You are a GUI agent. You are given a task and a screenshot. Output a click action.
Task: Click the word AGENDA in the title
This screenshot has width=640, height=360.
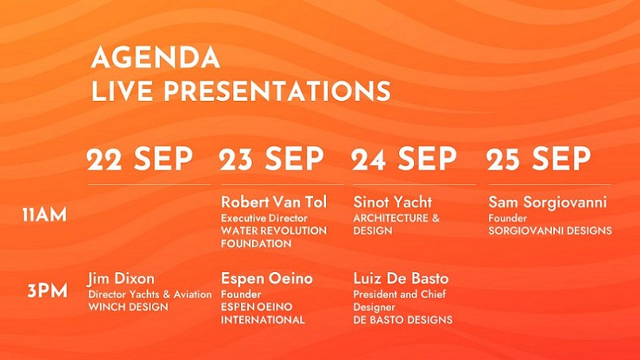pyautogui.click(x=156, y=57)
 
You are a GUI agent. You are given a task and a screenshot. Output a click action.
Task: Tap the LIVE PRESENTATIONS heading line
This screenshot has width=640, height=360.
pyautogui.click(x=241, y=91)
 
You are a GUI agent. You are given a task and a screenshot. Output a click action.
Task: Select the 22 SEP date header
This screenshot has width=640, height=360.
pyautogui.click(x=140, y=158)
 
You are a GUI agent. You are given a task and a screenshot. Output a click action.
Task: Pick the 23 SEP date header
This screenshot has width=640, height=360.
pyautogui.click(x=271, y=158)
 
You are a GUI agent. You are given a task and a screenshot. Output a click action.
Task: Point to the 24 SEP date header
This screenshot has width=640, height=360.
pyautogui.click(x=404, y=158)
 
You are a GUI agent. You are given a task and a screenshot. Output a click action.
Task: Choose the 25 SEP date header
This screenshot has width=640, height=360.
pyautogui.click(x=538, y=158)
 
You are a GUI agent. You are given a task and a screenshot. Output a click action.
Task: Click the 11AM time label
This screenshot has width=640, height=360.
pyautogui.click(x=45, y=215)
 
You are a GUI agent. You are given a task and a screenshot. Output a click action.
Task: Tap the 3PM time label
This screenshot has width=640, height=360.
pyautogui.click(x=48, y=291)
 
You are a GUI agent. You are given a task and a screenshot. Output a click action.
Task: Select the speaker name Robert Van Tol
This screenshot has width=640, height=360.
pyautogui.click(x=273, y=202)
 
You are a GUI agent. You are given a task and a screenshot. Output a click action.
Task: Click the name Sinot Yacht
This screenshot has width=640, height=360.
pyautogui.click(x=393, y=202)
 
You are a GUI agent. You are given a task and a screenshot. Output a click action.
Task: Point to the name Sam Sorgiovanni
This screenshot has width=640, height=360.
pyautogui.click(x=548, y=203)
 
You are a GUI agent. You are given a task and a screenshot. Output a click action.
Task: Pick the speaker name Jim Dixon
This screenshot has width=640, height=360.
pyautogui.click(x=121, y=279)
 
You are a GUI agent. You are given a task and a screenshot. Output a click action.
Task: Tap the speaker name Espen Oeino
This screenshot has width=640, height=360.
pyautogui.click(x=267, y=279)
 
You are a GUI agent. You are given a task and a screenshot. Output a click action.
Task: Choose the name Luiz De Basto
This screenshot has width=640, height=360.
pyautogui.click(x=401, y=279)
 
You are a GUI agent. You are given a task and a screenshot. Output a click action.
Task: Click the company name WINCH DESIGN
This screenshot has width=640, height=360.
pyautogui.click(x=128, y=307)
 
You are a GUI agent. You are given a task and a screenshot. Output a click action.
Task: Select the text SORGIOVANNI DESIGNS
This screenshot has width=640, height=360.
pyautogui.click(x=550, y=230)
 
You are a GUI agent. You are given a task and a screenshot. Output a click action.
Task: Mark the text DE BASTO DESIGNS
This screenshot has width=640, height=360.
pyautogui.click(x=403, y=319)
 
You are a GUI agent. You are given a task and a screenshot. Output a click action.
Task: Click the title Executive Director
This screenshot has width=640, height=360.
pyautogui.click(x=264, y=219)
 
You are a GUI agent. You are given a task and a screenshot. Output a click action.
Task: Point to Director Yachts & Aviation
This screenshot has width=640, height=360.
pyautogui.click(x=149, y=294)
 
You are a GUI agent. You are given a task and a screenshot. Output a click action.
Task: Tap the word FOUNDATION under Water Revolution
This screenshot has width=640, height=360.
pyautogui.click(x=256, y=244)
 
